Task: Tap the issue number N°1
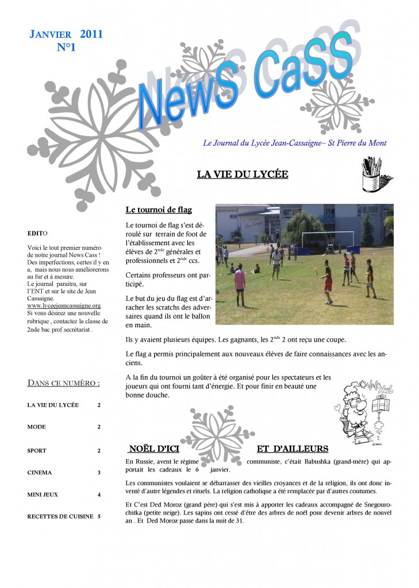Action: coord(66,48)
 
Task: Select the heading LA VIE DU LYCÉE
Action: coord(242,174)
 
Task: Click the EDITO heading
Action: coord(38,234)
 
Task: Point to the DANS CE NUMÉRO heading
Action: coord(64,382)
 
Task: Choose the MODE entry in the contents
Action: coord(37,427)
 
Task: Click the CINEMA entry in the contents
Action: coord(39,473)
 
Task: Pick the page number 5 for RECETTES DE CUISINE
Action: coord(99,516)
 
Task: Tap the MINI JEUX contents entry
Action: coord(43,494)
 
